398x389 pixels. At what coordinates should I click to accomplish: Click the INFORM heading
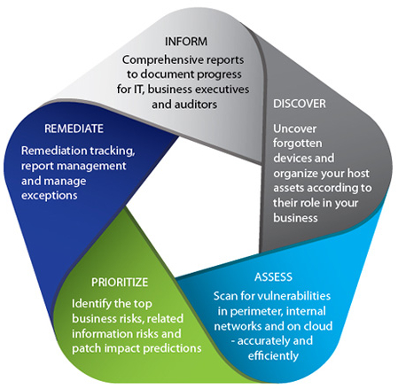(186, 42)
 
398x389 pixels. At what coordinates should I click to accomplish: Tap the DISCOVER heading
(300, 104)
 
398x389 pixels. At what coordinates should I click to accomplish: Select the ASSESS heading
(273, 277)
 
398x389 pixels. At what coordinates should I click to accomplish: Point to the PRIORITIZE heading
(120, 283)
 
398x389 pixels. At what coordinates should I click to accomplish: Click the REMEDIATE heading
(74, 128)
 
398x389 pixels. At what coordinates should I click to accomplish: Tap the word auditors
(196, 105)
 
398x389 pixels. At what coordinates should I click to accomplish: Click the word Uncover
(294, 128)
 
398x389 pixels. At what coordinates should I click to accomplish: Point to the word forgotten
(298, 144)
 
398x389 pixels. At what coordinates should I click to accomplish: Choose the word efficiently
(273, 356)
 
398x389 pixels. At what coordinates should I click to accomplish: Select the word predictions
(172, 348)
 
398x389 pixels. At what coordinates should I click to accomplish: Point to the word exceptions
(50, 196)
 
